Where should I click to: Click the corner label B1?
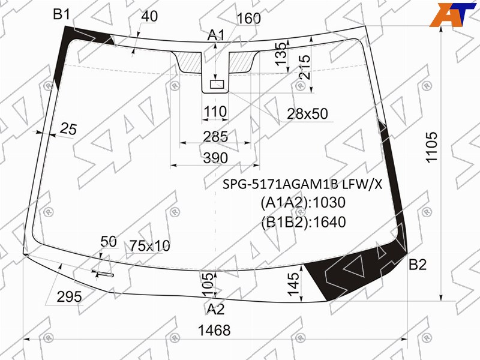pos(62,14)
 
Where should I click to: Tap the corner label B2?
pos(418,265)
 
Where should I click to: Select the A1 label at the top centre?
pos(216,35)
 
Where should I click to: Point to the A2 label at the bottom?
pos(215,309)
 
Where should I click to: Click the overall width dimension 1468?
pos(214,331)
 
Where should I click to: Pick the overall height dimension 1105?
pos(431,147)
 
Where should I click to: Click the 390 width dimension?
pos(215,158)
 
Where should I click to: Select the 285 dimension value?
pos(215,137)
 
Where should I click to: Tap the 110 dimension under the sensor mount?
pos(215,112)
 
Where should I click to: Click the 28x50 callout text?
pos(307,113)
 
